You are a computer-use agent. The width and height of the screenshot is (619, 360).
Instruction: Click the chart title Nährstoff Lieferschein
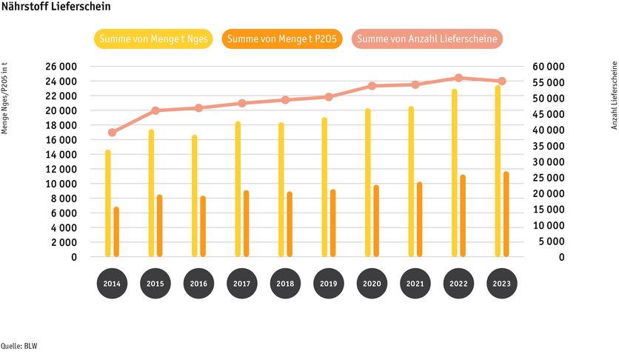pyautogui.click(x=56, y=7)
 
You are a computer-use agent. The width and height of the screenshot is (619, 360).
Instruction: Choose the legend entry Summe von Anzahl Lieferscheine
pyautogui.click(x=427, y=39)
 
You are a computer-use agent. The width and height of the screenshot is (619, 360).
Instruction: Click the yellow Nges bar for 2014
pyautogui.click(x=108, y=204)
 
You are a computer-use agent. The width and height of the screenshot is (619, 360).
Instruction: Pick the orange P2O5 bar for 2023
pyautogui.click(x=506, y=215)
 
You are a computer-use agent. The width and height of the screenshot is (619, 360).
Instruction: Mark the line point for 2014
pyautogui.click(x=112, y=133)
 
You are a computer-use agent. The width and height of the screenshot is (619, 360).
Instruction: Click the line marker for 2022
pyautogui.click(x=458, y=78)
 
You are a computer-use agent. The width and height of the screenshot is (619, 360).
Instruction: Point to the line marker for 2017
pyautogui.click(x=242, y=103)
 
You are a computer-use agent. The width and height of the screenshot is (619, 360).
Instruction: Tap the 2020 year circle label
pyautogui.click(x=372, y=284)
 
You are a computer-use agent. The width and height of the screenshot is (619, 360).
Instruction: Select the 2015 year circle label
pyautogui.click(x=155, y=284)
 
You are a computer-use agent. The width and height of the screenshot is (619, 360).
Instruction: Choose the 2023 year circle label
pyautogui.click(x=501, y=284)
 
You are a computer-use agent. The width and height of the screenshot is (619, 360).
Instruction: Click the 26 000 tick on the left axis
pyautogui.click(x=59, y=67)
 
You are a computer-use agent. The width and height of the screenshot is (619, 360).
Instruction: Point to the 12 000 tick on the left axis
pyautogui.click(x=59, y=169)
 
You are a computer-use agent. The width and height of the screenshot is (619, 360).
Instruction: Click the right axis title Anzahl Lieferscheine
pyautogui.click(x=614, y=96)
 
